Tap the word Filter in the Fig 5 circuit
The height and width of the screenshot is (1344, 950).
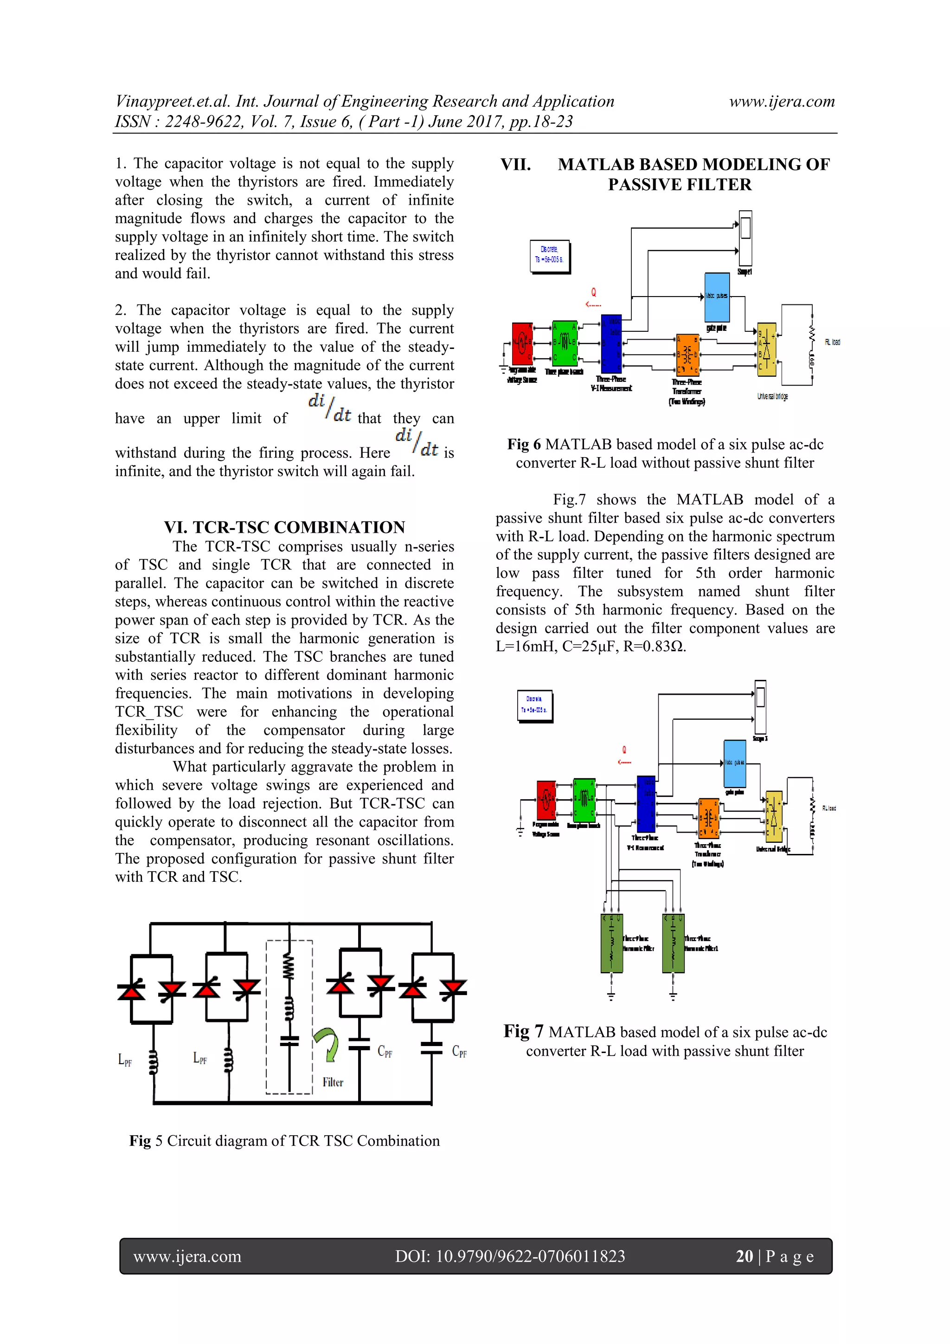click(333, 1082)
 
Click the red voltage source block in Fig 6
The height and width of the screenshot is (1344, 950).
click(522, 343)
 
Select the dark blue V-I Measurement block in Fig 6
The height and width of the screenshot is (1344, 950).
click(611, 343)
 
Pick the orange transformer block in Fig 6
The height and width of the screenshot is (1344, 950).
click(687, 354)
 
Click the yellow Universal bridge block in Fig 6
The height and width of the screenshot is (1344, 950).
click(766, 349)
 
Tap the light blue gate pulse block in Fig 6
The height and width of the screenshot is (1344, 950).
click(717, 297)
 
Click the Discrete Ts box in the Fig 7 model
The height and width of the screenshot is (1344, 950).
click(535, 705)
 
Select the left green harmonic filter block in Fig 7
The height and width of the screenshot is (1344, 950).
click(611, 943)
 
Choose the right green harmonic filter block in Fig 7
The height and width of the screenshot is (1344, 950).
click(673, 943)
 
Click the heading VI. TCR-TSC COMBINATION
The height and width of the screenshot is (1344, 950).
click(284, 527)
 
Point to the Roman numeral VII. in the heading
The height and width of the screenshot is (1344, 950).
click(515, 164)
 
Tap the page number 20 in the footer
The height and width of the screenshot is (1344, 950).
click(744, 1256)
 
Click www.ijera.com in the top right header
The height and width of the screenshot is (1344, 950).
click(782, 101)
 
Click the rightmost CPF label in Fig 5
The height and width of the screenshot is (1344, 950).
click(459, 1052)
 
